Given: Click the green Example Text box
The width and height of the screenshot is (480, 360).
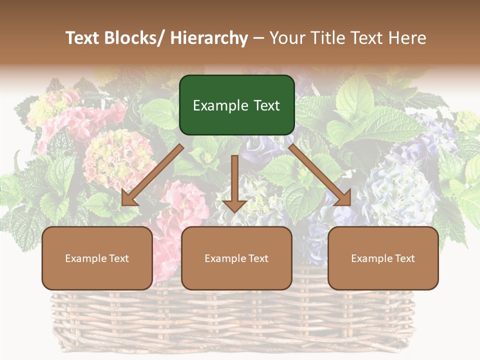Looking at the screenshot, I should (x=236, y=105).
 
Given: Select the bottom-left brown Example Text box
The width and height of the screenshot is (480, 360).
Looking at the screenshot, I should (x=97, y=258).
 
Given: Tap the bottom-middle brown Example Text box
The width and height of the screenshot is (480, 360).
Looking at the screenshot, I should (x=236, y=258).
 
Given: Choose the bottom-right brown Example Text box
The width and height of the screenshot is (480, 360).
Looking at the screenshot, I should (x=383, y=258).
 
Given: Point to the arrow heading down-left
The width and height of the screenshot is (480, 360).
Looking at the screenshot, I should (x=152, y=175).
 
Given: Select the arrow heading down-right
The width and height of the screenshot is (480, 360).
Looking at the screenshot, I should (x=320, y=175).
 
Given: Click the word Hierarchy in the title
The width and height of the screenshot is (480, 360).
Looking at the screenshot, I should (x=209, y=38).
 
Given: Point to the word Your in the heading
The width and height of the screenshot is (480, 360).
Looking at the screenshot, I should (x=287, y=38).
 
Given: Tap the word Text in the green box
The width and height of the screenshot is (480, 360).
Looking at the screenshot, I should (x=266, y=105).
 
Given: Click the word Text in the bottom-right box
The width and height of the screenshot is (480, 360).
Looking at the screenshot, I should (x=404, y=258).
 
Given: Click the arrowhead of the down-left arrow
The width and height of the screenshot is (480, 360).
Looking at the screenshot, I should (x=128, y=198).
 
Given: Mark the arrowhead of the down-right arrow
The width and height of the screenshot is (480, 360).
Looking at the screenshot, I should (x=344, y=198).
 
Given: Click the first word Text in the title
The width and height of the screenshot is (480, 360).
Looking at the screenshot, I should (x=84, y=38).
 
